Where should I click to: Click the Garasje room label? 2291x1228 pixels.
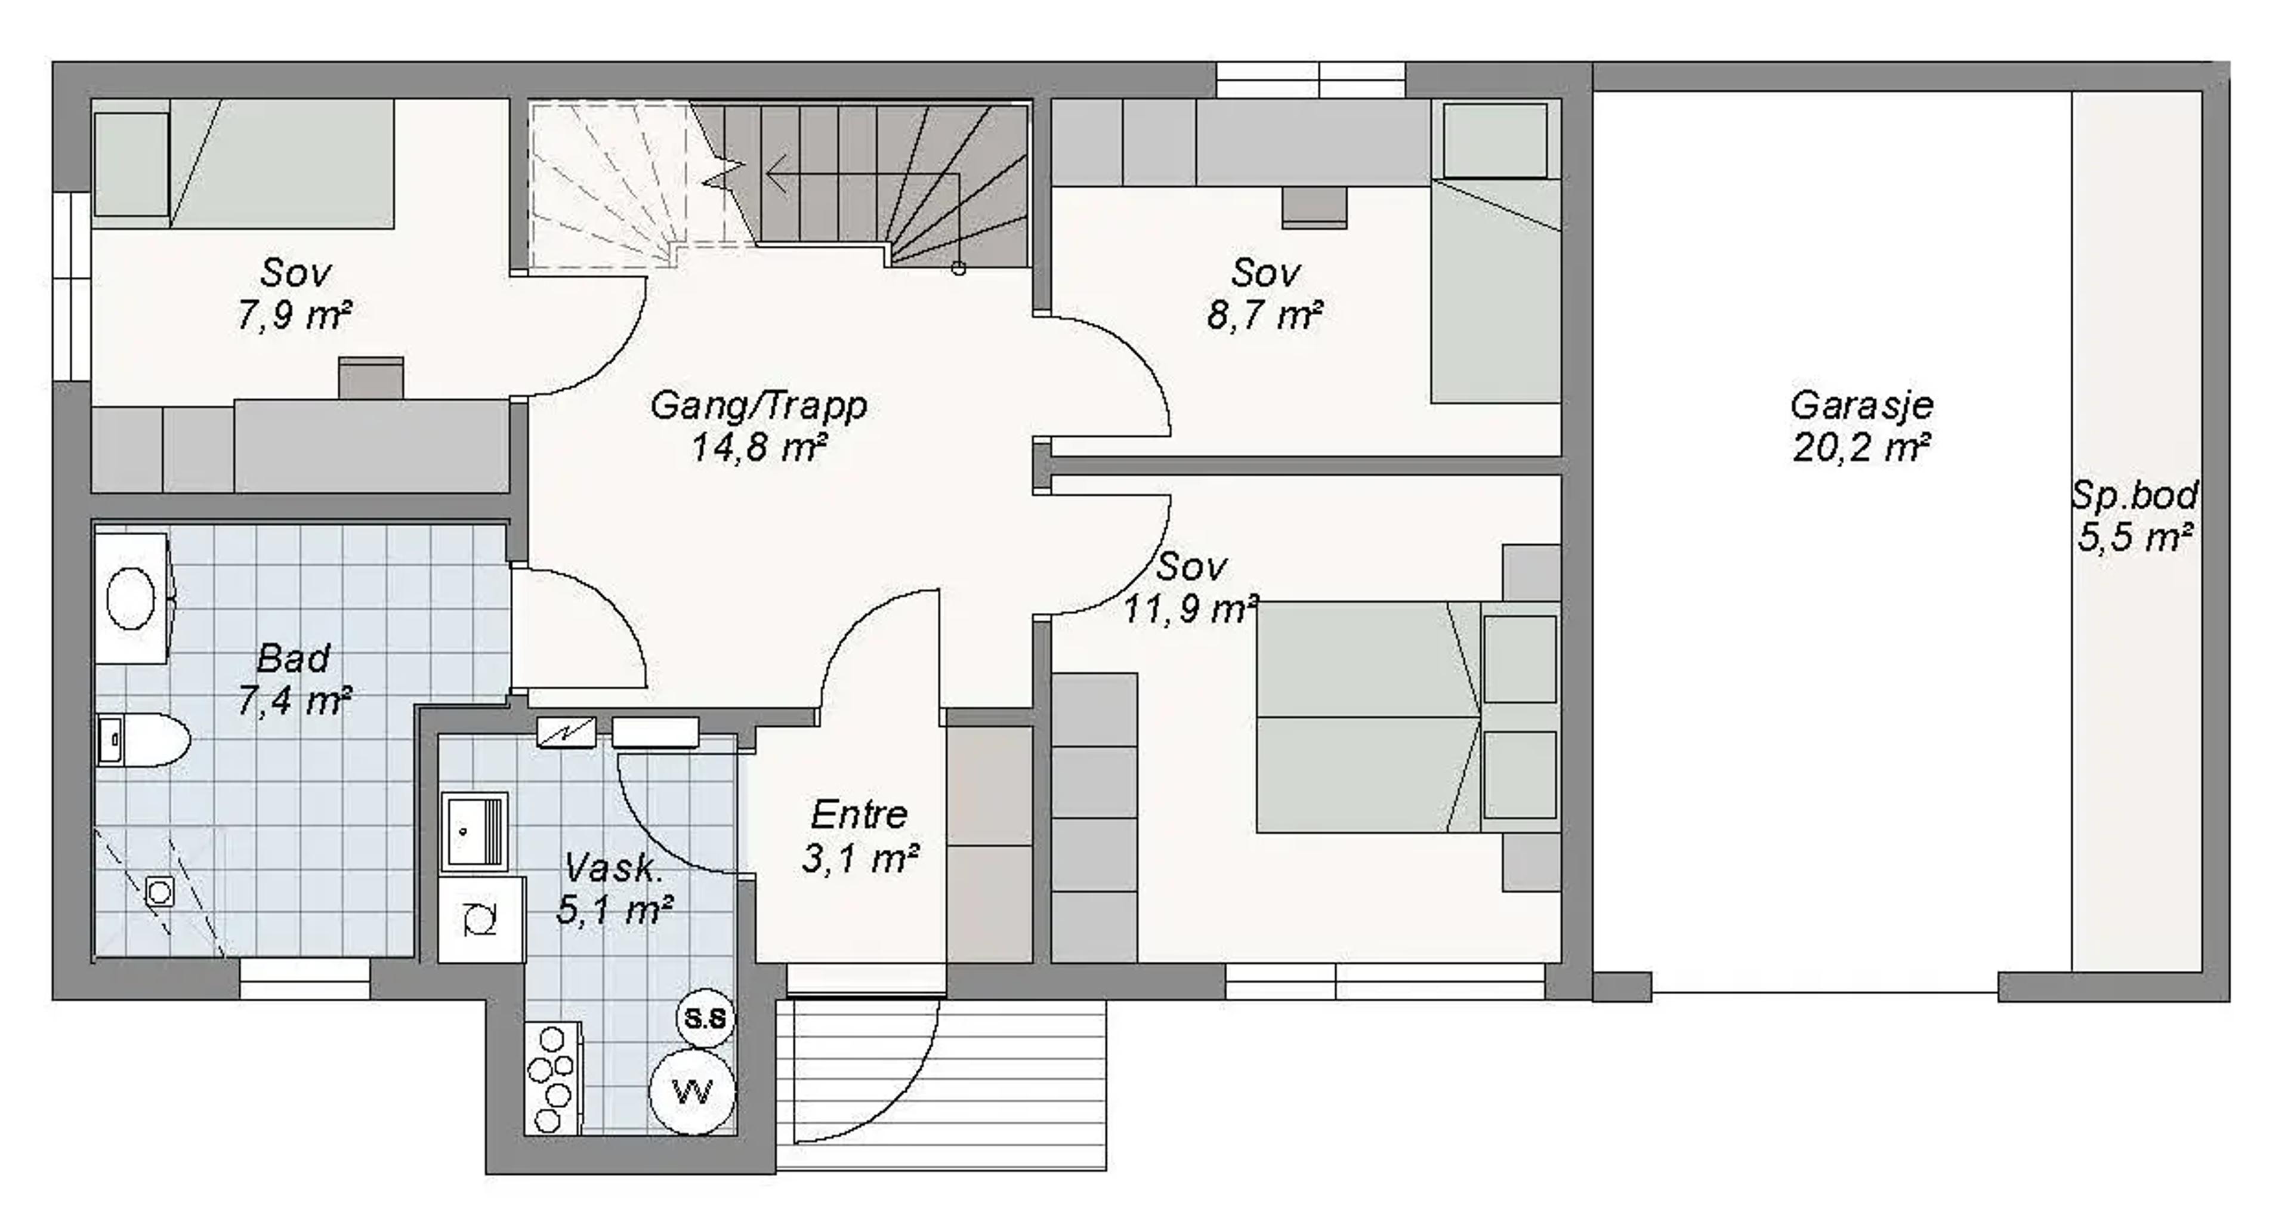tap(1861, 406)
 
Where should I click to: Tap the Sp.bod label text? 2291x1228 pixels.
tap(2135, 495)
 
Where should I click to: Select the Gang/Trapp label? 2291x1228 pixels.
tap(759, 406)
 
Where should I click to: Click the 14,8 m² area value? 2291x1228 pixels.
tap(759, 448)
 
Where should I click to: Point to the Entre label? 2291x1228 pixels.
tap(859, 814)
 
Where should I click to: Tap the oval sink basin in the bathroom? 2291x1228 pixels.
tap(131, 598)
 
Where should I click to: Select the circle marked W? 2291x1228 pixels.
tap(693, 1091)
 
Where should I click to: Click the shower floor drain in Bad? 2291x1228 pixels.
tap(160, 891)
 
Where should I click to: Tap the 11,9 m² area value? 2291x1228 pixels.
tap(1191, 610)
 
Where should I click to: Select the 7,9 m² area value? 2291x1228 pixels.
tap(294, 315)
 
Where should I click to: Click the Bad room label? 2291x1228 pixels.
tap(294, 659)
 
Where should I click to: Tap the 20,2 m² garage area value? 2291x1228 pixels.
tap(1861, 448)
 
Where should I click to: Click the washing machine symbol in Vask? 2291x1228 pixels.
tap(481, 918)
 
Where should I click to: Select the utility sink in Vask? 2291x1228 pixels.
tap(474, 831)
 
